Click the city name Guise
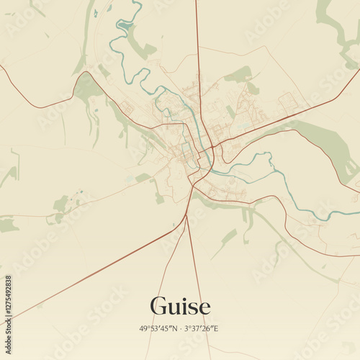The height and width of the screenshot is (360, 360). pyautogui.click(x=180, y=306)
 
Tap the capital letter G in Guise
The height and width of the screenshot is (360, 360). pyautogui.click(x=159, y=306)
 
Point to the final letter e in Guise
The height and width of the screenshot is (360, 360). pyautogui.click(x=204, y=308)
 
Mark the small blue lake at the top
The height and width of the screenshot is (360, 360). pyautogui.click(x=124, y=27)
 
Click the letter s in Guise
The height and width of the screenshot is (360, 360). pyautogui.click(x=193, y=308)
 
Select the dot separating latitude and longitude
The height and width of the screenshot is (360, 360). pyautogui.click(x=180, y=329)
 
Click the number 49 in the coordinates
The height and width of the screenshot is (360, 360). pyautogui.click(x=144, y=329)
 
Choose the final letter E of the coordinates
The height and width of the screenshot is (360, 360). pyautogui.click(x=217, y=329)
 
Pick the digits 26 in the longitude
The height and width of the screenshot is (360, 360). pyautogui.click(x=208, y=329)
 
